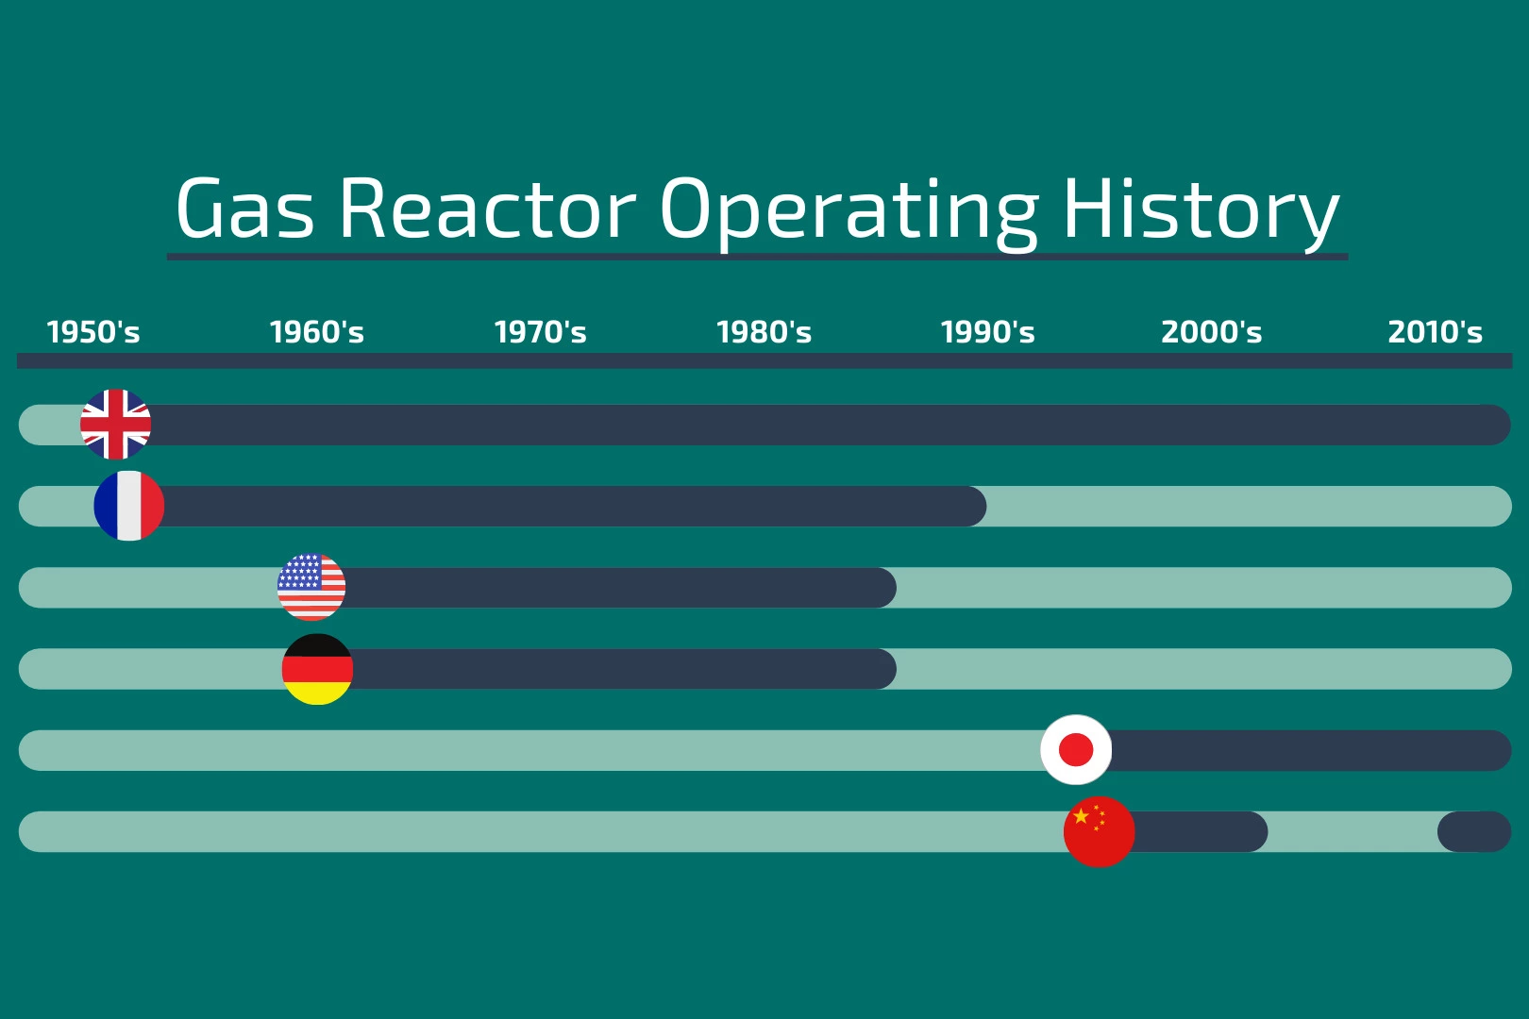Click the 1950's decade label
click(92, 332)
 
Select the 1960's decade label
click(317, 332)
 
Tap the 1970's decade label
click(540, 332)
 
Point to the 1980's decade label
click(764, 332)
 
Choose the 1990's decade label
click(987, 332)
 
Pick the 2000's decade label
click(1212, 332)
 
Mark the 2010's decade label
click(1436, 332)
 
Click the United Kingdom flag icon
click(115, 425)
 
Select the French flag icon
click(129, 506)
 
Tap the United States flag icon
click(311, 587)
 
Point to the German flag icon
click(317, 669)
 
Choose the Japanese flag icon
click(1076, 749)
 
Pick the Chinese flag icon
click(1099, 831)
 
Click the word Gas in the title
click(245, 208)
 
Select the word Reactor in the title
click(488, 208)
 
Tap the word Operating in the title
click(849, 213)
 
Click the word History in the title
click(1201, 213)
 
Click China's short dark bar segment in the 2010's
click(1474, 831)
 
